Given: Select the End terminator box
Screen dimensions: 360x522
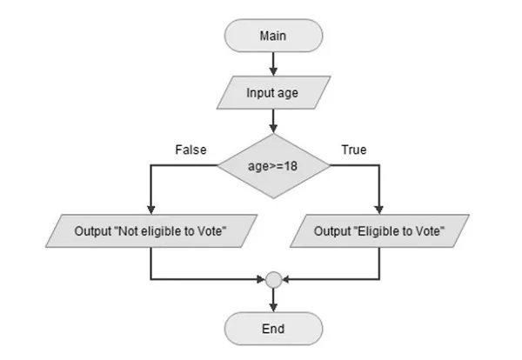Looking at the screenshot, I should tap(273, 330).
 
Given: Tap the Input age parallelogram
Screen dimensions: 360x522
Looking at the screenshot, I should tap(273, 94).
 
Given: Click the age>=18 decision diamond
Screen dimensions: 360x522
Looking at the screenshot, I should tap(273, 163).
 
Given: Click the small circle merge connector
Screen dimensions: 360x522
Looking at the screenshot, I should tap(273, 280).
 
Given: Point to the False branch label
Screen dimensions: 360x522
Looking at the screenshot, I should tap(191, 150).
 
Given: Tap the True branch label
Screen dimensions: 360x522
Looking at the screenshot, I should tap(353, 150).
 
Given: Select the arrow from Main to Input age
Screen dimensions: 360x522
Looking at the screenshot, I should tap(273, 63).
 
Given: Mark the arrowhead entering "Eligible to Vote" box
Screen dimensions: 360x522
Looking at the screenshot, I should tap(380, 210).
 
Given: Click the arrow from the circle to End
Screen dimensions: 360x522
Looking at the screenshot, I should tap(273, 300).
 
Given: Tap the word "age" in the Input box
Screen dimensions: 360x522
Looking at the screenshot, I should tap(291, 94).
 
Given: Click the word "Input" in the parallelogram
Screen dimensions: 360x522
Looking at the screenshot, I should tap(263, 94).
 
